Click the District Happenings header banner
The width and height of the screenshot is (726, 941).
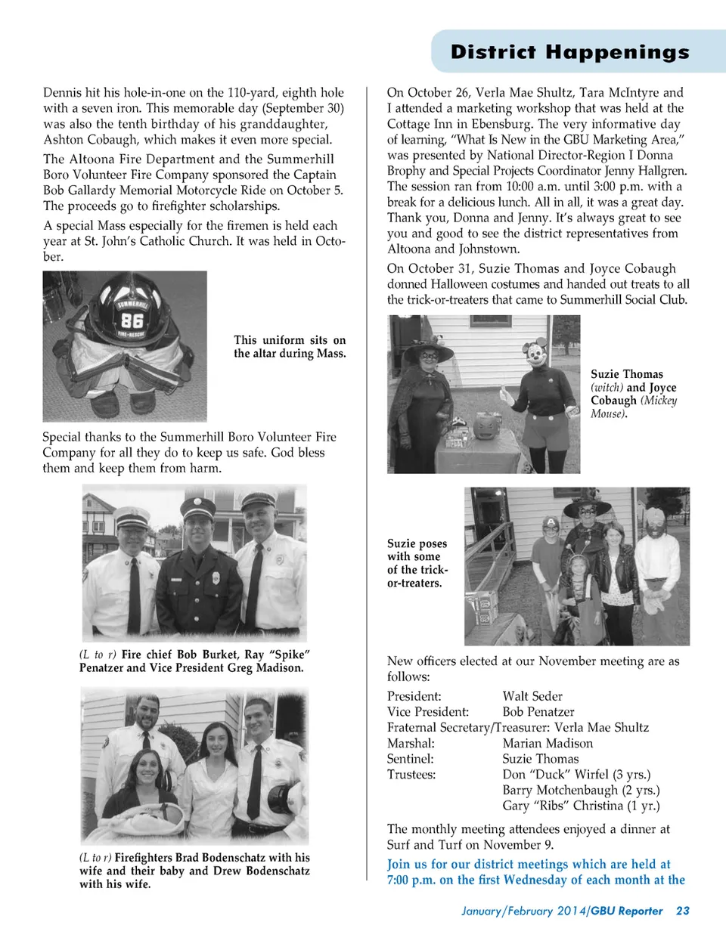tap(569, 51)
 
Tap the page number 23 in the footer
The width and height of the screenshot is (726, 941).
tap(682, 911)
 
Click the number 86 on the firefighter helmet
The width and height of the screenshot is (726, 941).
tap(132, 320)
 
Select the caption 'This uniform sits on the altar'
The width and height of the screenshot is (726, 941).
tap(290, 347)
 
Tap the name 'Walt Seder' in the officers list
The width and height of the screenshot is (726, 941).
tap(532, 696)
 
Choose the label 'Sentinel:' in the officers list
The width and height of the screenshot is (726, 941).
tap(411, 759)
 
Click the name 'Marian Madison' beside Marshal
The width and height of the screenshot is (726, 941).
tap(548, 743)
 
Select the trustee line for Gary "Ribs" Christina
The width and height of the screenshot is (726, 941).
tap(581, 806)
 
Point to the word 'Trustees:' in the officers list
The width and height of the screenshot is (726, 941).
tap(411, 775)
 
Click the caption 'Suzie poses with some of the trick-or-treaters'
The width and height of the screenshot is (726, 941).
tap(417, 563)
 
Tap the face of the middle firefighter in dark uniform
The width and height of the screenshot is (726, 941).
tap(198, 528)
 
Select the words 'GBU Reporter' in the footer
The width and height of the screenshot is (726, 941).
tap(627, 911)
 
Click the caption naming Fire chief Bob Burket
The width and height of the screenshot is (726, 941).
tap(194, 661)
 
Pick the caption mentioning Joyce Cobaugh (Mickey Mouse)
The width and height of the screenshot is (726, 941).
tap(634, 394)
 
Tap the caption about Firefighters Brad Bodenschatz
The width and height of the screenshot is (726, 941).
tap(194, 871)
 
